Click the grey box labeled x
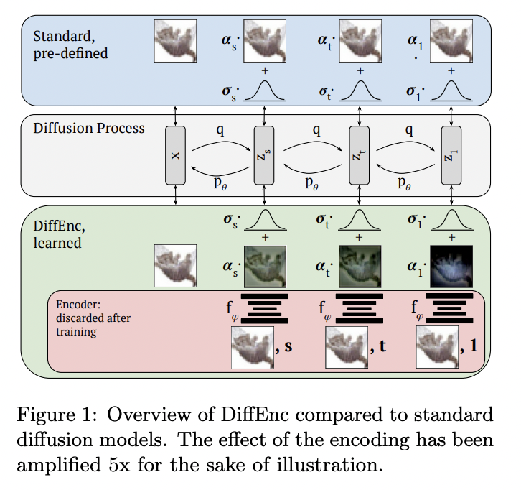tap(176, 155)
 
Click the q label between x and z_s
tap(220, 131)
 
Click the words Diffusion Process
tap(89, 129)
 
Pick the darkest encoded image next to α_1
tap(451, 266)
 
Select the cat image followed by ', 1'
tap(438, 347)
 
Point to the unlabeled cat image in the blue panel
tap(176, 41)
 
